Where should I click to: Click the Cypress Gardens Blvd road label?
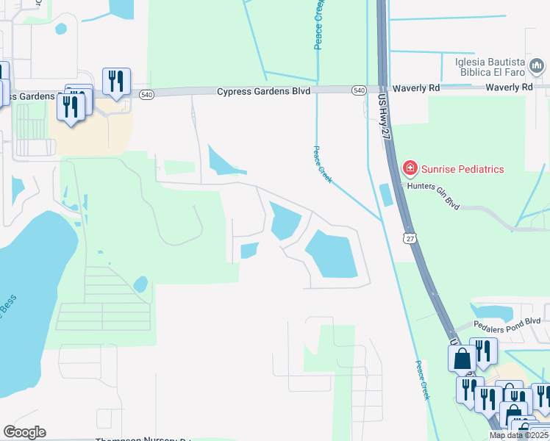point(263,91)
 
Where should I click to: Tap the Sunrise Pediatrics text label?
point(463,170)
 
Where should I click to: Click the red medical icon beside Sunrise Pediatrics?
point(410,170)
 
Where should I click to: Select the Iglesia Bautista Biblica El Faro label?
point(490,67)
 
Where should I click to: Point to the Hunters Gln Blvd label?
point(434,196)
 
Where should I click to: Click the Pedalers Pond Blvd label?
point(507,322)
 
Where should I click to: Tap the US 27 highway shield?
point(410,237)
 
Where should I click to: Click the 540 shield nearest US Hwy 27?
point(359,90)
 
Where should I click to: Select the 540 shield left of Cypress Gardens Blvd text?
point(146,94)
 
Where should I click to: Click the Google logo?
point(26,432)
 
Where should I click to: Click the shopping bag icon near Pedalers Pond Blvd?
point(463,359)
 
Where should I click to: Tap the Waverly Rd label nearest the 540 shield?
point(415,87)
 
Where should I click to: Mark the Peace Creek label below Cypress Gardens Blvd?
point(322,163)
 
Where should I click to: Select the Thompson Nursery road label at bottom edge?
point(143,440)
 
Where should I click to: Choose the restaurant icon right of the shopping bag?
point(483,352)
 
